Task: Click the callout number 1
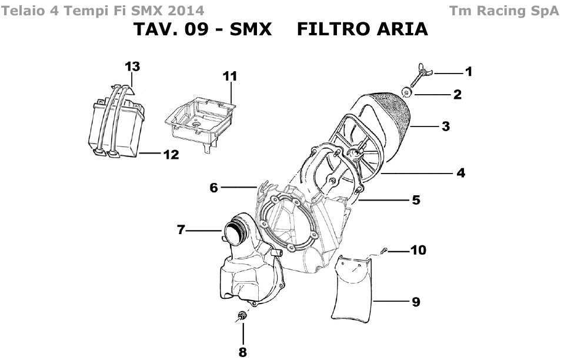tap(469, 72)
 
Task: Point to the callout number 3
tap(446, 126)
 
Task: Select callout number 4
tap(461, 173)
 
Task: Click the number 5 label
tap(416, 200)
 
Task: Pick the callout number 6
tap(214, 188)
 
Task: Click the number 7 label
tap(182, 230)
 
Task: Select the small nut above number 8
tap(241, 317)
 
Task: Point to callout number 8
tap(242, 352)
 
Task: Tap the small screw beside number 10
tap(383, 251)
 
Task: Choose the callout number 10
tap(418, 251)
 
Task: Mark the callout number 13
tap(132, 66)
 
